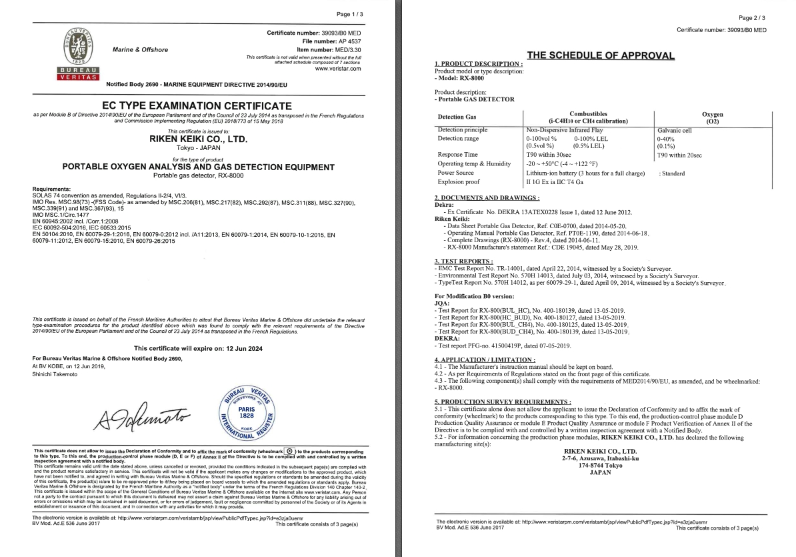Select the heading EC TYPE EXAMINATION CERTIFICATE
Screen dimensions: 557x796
[197, 106]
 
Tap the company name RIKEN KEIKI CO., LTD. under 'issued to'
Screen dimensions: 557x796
[197, 139]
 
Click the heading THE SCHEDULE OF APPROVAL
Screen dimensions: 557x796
[601, 55]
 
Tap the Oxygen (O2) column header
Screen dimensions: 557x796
[712, 118]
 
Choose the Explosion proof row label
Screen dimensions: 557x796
[459, 181]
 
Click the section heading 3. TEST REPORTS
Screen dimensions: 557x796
[464, 260]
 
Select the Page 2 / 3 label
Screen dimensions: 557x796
[753, 18]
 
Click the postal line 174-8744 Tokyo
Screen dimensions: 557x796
[601, 466]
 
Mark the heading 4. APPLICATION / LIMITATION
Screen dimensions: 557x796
[484, 360]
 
